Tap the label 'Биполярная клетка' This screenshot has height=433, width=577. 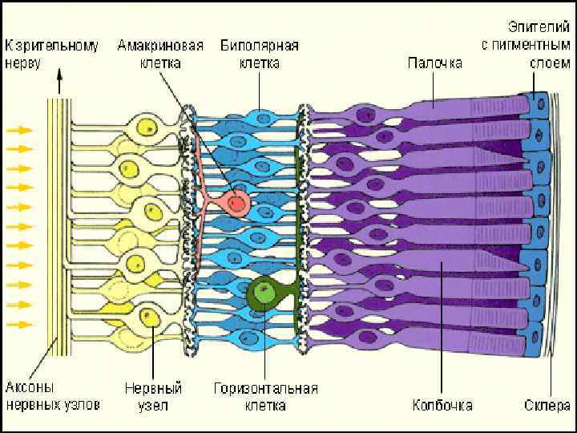click(260, 54)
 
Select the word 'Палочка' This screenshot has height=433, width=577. click(434, 63)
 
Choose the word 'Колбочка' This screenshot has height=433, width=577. click(442, 404)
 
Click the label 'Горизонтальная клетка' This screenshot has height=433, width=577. click(265, 397)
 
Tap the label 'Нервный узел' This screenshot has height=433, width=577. click(153, 397)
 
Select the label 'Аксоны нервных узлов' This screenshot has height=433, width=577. click(53, 397)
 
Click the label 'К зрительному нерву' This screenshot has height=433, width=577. click(52, 54)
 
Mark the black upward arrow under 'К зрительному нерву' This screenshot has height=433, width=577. click(58, 83)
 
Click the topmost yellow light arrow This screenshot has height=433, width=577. click(20, 129)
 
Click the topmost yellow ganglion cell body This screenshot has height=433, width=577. click(147, 127)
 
